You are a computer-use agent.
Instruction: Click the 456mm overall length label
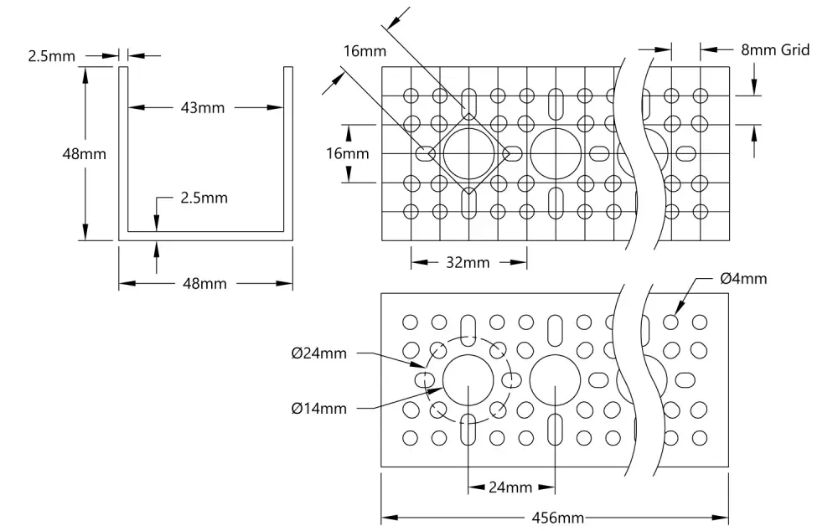(x=557, y=518)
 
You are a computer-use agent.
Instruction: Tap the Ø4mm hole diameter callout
(x=743, y=278)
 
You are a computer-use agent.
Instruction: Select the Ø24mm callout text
(x=319, y=353)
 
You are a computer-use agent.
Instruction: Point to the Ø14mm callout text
(x=319, y=409)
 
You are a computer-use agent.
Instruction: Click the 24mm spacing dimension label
(x=510, y=487)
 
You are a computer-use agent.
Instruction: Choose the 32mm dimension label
(x=468, y=262)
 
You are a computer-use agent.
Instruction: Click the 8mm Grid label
(x=775, y=49)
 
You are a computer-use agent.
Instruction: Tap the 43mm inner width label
(x=203, y=108)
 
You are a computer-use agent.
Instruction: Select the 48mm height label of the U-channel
(x=85, y=154)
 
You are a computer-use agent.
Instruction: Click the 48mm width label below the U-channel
(x=204, y=284)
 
